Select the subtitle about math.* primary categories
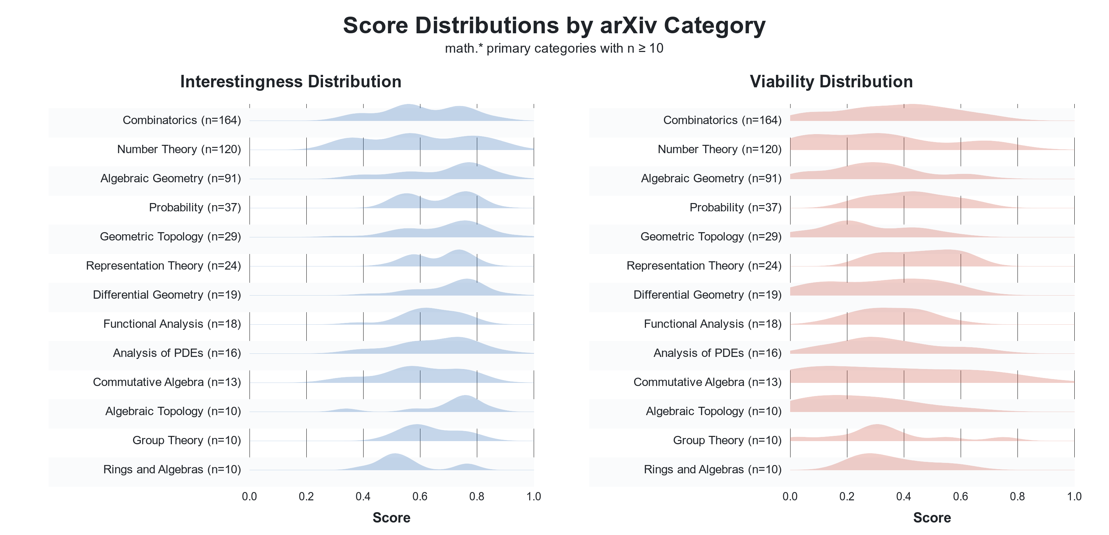tap(554, 48)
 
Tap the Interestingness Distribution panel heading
tap(291, 82)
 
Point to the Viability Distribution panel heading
tap(831, 82)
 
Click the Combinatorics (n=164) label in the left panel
tap(182, 120)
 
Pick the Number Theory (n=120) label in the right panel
tap(719, 149)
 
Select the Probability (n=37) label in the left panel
tap(194, 208)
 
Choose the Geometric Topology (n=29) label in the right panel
tap(711, 237)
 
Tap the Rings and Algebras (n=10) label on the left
tap(172, 469)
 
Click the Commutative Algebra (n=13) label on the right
tap(707, 382)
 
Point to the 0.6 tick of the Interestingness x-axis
tap(420, 496)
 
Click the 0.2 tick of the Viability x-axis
tap(846, 496)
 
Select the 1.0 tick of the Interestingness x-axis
tap(533, 496)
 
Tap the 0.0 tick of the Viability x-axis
tap(790, 496)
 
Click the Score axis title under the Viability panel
tap(932, 517)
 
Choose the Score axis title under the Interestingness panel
tap(391, 517)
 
